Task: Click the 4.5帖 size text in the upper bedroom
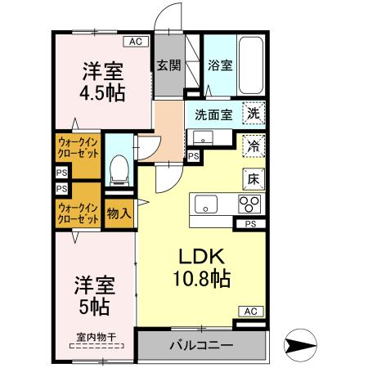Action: click(102, 92)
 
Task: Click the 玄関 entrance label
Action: click(168, 66)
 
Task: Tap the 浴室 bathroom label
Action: click(219, 66)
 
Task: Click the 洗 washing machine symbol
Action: click(254, 115)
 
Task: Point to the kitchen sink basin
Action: click(204, 204)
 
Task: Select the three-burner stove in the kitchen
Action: click(249, 204)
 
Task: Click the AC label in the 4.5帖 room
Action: click(134, 41)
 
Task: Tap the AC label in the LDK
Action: click(251, 312)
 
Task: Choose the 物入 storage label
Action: click(119, 213)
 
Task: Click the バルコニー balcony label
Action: click(201, 345)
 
